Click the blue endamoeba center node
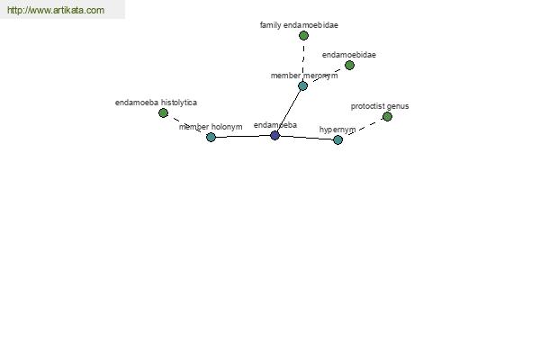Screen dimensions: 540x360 coord(274,135)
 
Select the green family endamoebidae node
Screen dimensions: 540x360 coord(303,35)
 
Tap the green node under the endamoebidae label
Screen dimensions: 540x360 coord(349,65)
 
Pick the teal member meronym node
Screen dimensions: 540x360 coord(302,85)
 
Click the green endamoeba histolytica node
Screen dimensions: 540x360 coord(163,112)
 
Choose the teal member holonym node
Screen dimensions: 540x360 coord(211,137)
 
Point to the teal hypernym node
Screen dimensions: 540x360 coord(337,139)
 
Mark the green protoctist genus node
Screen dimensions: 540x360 coord(387,116)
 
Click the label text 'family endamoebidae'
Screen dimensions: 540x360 coord(299,25)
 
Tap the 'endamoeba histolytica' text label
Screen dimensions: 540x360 coord(156,103)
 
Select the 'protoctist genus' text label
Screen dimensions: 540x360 coord(380,106)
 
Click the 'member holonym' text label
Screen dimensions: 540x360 coord(211,127)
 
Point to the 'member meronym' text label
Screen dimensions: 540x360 coord(304,76)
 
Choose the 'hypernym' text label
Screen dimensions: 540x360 coord(337,130)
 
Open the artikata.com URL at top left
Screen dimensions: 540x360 coord(56,10)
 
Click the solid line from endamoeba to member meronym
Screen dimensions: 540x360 coord(289,111)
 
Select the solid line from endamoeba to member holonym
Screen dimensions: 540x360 coord(243,137)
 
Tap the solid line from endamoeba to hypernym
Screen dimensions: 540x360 coord(307,138)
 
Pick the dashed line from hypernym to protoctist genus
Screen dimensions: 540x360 coord(363,128)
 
